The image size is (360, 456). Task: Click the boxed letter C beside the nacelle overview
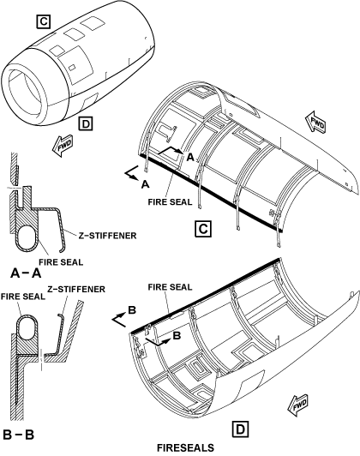point(44,21)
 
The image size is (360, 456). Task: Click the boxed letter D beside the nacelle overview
point(86,123)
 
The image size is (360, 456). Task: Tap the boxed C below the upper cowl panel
point(203,229)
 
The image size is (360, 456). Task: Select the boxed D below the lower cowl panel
point(241,429)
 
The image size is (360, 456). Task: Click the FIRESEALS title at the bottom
point(185,447)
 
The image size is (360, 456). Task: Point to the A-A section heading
point(26,273)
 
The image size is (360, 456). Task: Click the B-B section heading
point(19,435)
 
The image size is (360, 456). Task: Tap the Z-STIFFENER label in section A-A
point(107,235)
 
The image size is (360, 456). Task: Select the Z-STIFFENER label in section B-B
point(76,289)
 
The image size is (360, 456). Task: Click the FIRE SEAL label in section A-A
point(61,262)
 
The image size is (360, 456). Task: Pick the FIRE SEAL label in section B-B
point(23,297)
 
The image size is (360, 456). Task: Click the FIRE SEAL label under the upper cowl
point(170,201)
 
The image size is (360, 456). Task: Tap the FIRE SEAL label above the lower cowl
point(170,287)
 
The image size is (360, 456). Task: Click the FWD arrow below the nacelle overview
point(63,146)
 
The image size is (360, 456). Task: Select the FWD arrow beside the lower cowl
point(297,405)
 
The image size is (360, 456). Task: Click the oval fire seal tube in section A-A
point(27,237)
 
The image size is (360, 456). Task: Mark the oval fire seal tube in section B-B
point(27,327)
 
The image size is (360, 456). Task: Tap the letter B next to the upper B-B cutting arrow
point(132,310)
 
